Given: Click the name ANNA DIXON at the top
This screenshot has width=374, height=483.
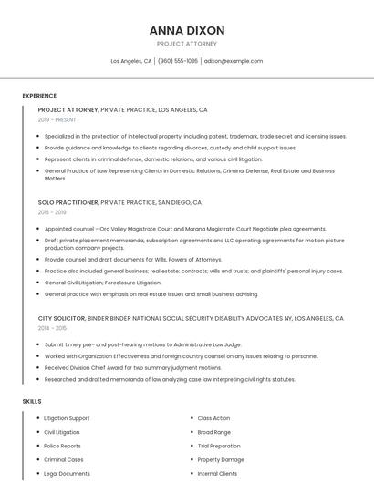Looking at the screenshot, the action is tap(187, 30).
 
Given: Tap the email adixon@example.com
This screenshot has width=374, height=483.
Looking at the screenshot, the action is tap(234, 61).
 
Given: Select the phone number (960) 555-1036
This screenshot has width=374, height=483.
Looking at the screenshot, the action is tap(177, 61).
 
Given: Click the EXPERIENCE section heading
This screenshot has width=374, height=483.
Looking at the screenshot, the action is tap(39, 95).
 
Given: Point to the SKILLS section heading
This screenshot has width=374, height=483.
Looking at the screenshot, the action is tap(32, 401).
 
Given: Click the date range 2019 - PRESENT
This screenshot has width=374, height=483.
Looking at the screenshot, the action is tap(57, 119).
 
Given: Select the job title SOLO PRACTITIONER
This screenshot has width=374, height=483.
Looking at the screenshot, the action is tap(68, 201).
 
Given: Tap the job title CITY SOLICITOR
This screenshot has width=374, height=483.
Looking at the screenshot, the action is tap(61, 319).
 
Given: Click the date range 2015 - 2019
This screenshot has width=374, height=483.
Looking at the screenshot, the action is tap(52, 211).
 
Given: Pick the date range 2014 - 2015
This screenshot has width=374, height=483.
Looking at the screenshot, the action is tap(52, 328).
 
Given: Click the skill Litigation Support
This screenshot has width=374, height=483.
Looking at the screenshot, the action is tap(67, 418).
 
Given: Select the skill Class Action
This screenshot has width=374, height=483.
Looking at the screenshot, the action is tap(213, 418).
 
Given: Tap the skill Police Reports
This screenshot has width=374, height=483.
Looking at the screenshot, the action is tap(62, 446).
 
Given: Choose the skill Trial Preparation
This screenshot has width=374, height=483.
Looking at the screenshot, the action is tap(219, 446).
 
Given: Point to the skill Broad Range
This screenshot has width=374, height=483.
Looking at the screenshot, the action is tap(213, 432).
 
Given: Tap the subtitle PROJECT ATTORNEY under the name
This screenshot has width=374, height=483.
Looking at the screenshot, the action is tap(187, 44).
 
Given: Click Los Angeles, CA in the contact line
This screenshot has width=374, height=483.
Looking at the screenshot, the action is tap(131, 61).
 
